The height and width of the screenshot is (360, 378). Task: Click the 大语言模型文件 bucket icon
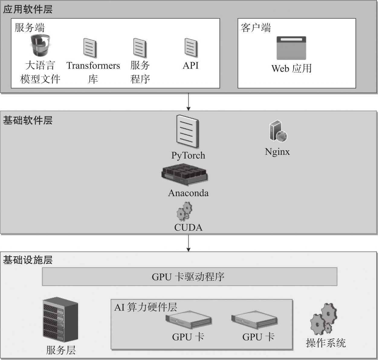point(40,45)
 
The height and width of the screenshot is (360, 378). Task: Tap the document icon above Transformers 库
point(90,48)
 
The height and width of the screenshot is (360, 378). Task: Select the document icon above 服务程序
point(140,48)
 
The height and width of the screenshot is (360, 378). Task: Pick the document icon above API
point(191,47)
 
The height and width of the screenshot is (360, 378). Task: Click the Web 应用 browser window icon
point(291,48)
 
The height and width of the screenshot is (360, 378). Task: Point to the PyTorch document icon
point(188,132)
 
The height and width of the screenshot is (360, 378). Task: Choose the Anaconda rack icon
point(185,175)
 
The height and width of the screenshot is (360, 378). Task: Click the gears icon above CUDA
point(185,212)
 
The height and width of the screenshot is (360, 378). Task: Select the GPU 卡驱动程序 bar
point(189,276)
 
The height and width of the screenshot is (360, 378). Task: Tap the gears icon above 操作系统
point(323,319)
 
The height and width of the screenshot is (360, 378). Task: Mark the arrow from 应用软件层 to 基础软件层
point(189,102)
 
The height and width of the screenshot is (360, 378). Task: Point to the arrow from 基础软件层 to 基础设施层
point(189,243)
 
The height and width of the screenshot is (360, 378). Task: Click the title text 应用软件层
point(28,9)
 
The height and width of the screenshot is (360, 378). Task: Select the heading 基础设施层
point(28,260)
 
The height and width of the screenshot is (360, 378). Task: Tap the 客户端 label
point(256,28)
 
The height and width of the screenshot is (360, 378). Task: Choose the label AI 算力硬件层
point(146,307)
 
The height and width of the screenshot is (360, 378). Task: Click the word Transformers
point(93,65)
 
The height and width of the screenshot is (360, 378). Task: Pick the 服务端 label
point(30,28)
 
